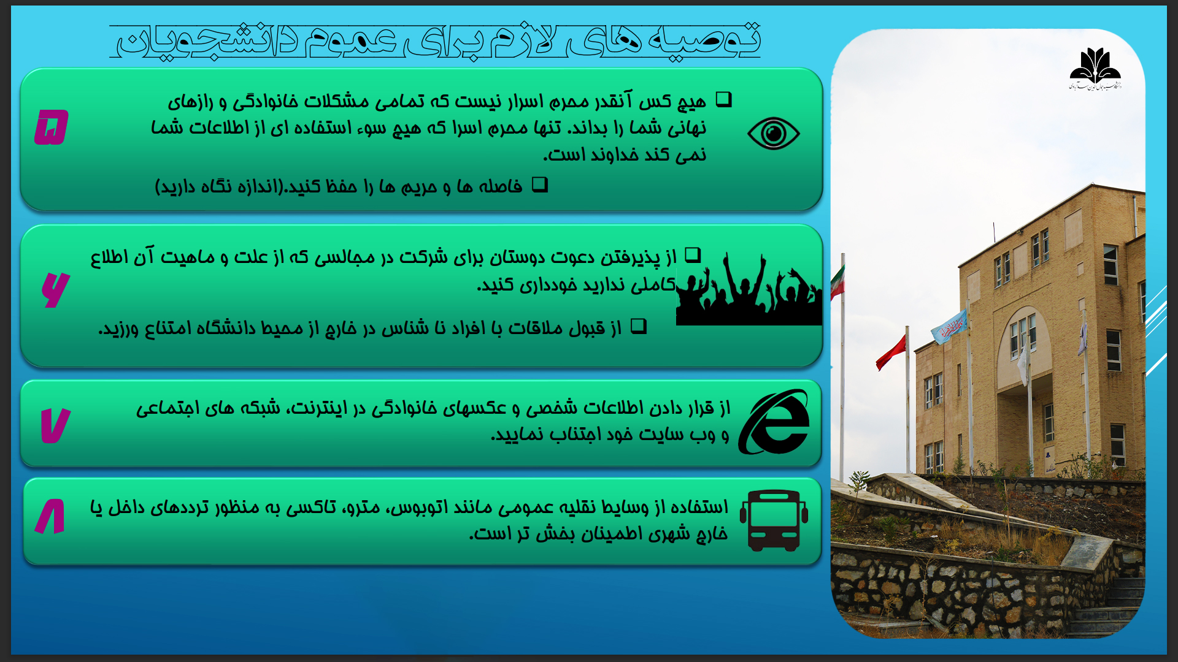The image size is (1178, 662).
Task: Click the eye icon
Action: (x=773, y=133)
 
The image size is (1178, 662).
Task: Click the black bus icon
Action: (x=774, y=520)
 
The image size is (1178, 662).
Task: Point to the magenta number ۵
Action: (x=52, y=127)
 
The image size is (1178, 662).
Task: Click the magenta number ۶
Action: (x=55, y=289)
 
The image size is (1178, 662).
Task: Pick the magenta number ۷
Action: (x=55, y=425)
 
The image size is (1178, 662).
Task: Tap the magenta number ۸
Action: (x=50, y=516)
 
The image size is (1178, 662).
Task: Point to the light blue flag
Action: (x=949, y=326)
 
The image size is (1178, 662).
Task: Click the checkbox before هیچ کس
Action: (x=724, y=99)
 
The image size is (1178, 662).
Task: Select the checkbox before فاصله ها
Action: (x=540, y=184)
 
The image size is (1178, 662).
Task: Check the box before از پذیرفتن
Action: (x=693, y=255)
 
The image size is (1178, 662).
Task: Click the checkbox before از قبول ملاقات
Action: (x=639, y=325)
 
